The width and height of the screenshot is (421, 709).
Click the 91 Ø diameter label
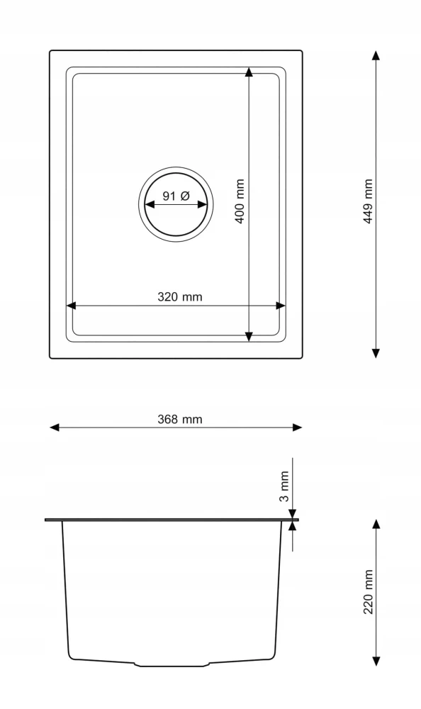(x=176, y=196)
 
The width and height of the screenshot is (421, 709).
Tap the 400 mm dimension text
(x=240, y=201)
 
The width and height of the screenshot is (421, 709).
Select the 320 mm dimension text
(x=180, y=296)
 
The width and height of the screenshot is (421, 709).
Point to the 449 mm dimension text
(x=368, y=201)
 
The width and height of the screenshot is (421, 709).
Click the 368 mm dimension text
(x=180, y=419)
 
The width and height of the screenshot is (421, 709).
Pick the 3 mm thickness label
(x=284, y=486)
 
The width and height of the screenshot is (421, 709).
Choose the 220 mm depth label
(x=368, y=591)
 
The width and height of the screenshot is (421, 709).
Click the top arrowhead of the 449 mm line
(x=376, y=55)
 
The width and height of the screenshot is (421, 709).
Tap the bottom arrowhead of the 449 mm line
(x=376, y=353)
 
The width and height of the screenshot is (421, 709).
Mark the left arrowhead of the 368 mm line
(x=55, y=428)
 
